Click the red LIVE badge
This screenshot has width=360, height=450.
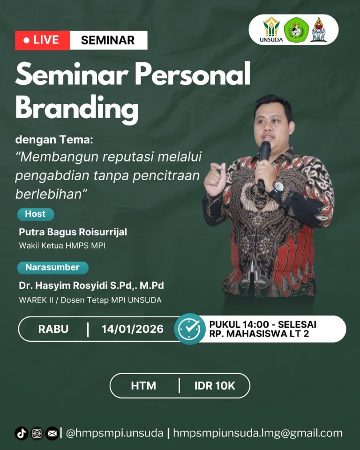click(43, 40)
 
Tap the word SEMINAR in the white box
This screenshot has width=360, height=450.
click(108, 40)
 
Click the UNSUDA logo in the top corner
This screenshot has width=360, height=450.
click(271, 30)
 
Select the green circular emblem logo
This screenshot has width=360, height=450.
click(296, 30)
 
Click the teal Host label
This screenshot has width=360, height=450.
click(36, 214)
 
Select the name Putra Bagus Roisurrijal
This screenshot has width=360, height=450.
click(73, 232)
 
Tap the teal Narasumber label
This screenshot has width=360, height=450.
click(52, 268)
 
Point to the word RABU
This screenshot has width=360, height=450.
click(53, 329)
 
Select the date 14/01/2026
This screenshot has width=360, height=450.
click(133, 329)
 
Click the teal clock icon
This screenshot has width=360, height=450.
click(190, 329)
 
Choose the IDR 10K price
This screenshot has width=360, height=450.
click(215, 386)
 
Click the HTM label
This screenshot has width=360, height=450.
click(143, 386)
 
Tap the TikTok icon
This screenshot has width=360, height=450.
click(21, 433)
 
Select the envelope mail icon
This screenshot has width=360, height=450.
click(52, 433)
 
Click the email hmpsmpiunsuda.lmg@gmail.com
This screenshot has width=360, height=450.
click(258, 433)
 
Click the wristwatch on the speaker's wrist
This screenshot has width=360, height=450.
click(278, 187)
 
